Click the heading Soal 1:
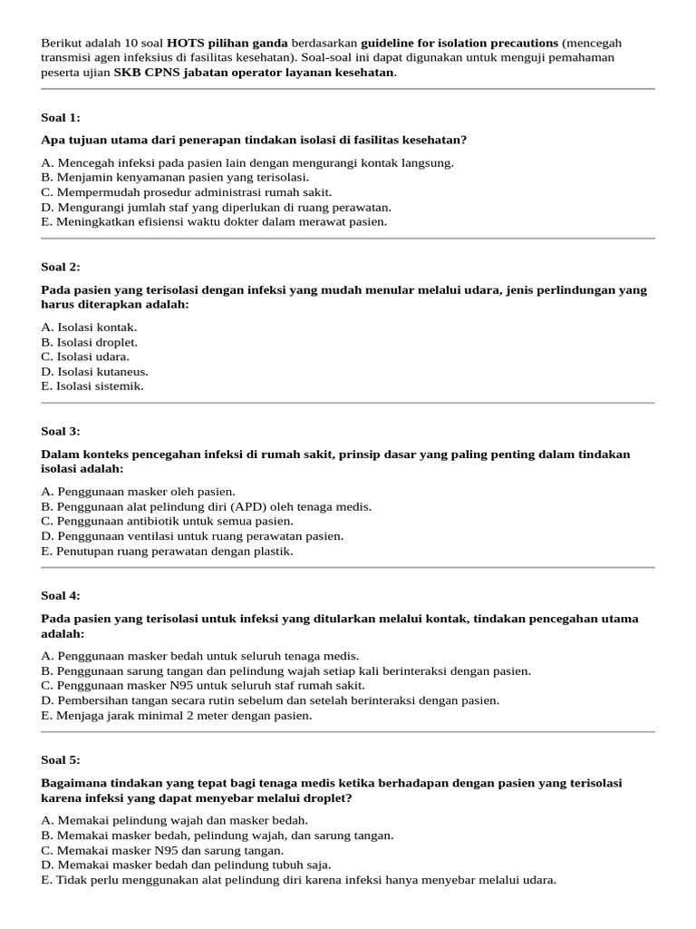pos(61,117)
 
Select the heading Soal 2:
pos(61,267)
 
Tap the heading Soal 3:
pos(61,431)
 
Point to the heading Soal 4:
pos(61,595)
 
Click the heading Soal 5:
pos(61,759)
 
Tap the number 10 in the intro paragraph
pos(121,44)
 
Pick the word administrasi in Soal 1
pos(215,192)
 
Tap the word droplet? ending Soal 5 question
pos(331,797)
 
